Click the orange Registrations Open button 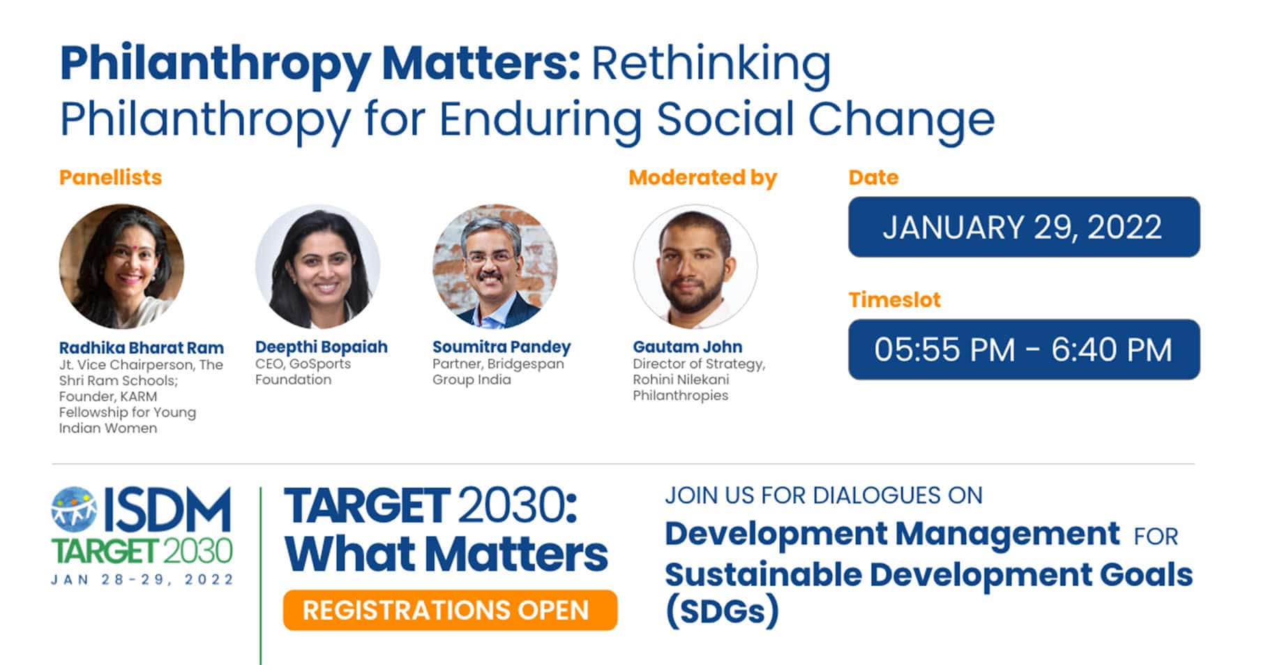coord(450,610)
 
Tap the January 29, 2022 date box coord(1023,227)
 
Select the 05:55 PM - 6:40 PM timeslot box coord(1023,350)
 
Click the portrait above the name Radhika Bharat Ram coord(121,266)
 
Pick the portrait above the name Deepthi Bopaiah coord(317,266)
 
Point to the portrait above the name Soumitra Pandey coord(495,266)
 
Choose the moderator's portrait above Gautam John coord(695,266)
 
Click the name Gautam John coord(687,347)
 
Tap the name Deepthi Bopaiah coord(321,347)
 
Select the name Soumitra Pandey coord(502,347)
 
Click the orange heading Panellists coord(110,177)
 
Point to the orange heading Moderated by coord(702,178)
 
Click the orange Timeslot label coord(894,300)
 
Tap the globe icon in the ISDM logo coord(74,508)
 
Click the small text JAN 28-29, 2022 coord(142,579)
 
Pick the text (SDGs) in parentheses coord(722,611)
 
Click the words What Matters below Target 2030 coord(446,555)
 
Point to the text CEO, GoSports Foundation coord(303,372)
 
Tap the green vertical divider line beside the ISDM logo coord(261,576)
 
